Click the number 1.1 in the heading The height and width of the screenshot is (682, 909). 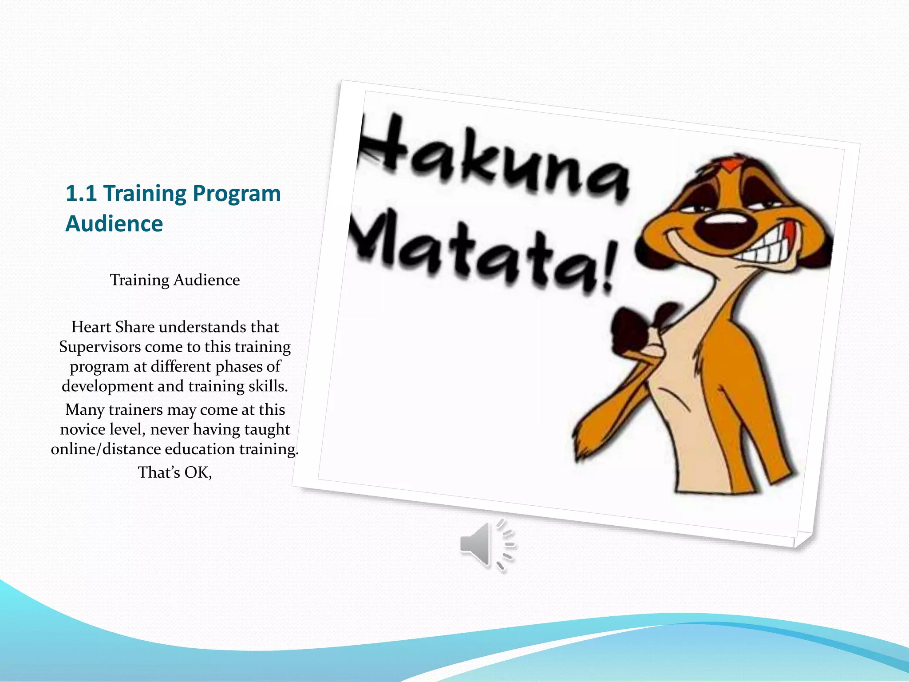click(x=81, y=194)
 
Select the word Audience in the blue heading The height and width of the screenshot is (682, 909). click(x=114, y=223)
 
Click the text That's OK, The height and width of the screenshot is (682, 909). click(x=175, y=472)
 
